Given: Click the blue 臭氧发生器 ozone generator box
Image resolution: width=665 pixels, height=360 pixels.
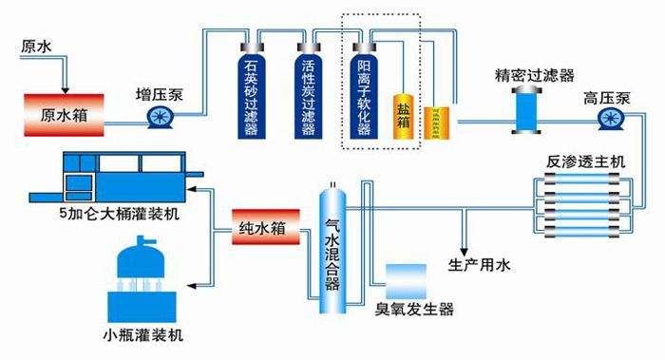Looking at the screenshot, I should coord(408,280).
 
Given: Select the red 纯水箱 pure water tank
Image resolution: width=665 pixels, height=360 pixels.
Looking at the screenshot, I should coord(259,229).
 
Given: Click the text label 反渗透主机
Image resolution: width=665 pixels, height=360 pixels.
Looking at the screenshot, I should coord(587,159).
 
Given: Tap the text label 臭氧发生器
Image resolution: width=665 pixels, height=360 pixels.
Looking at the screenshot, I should coord(414,310).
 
